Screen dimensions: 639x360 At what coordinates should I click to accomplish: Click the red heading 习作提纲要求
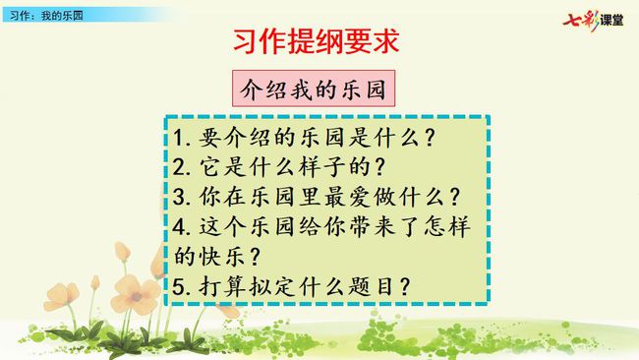click(x=317, y=41)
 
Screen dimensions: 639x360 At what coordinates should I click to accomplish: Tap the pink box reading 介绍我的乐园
click(x=314, y=89)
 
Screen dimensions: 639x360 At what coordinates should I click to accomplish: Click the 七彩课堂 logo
click(x=593, y=20)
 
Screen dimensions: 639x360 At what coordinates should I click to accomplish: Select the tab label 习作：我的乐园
click(x=46, y=16)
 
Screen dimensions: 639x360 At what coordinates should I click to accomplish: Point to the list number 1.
click(x=179, y=138)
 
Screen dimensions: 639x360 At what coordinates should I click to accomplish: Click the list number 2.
click(x=179, y=167)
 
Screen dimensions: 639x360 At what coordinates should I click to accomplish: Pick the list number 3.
click(x=179, y=197)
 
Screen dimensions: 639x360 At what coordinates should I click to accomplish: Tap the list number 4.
click(x=179, y=226)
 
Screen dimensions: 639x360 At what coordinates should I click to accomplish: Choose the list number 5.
click(x=179, y=286)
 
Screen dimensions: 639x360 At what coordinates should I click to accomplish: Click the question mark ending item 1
click(x=430, y=138)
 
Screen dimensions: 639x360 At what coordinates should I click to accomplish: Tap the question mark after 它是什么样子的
click(x=379, y=167)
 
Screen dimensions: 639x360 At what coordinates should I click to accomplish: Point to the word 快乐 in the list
click(x=221, y=257)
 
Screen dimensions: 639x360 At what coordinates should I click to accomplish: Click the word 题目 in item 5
click(x=371, y=286)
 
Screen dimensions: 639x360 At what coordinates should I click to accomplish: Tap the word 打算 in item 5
click(x=221, y=286)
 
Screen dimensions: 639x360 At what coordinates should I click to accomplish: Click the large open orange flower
click(x=135, y=294)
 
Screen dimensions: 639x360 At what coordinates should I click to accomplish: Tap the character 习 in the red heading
click(x=246, y=41)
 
